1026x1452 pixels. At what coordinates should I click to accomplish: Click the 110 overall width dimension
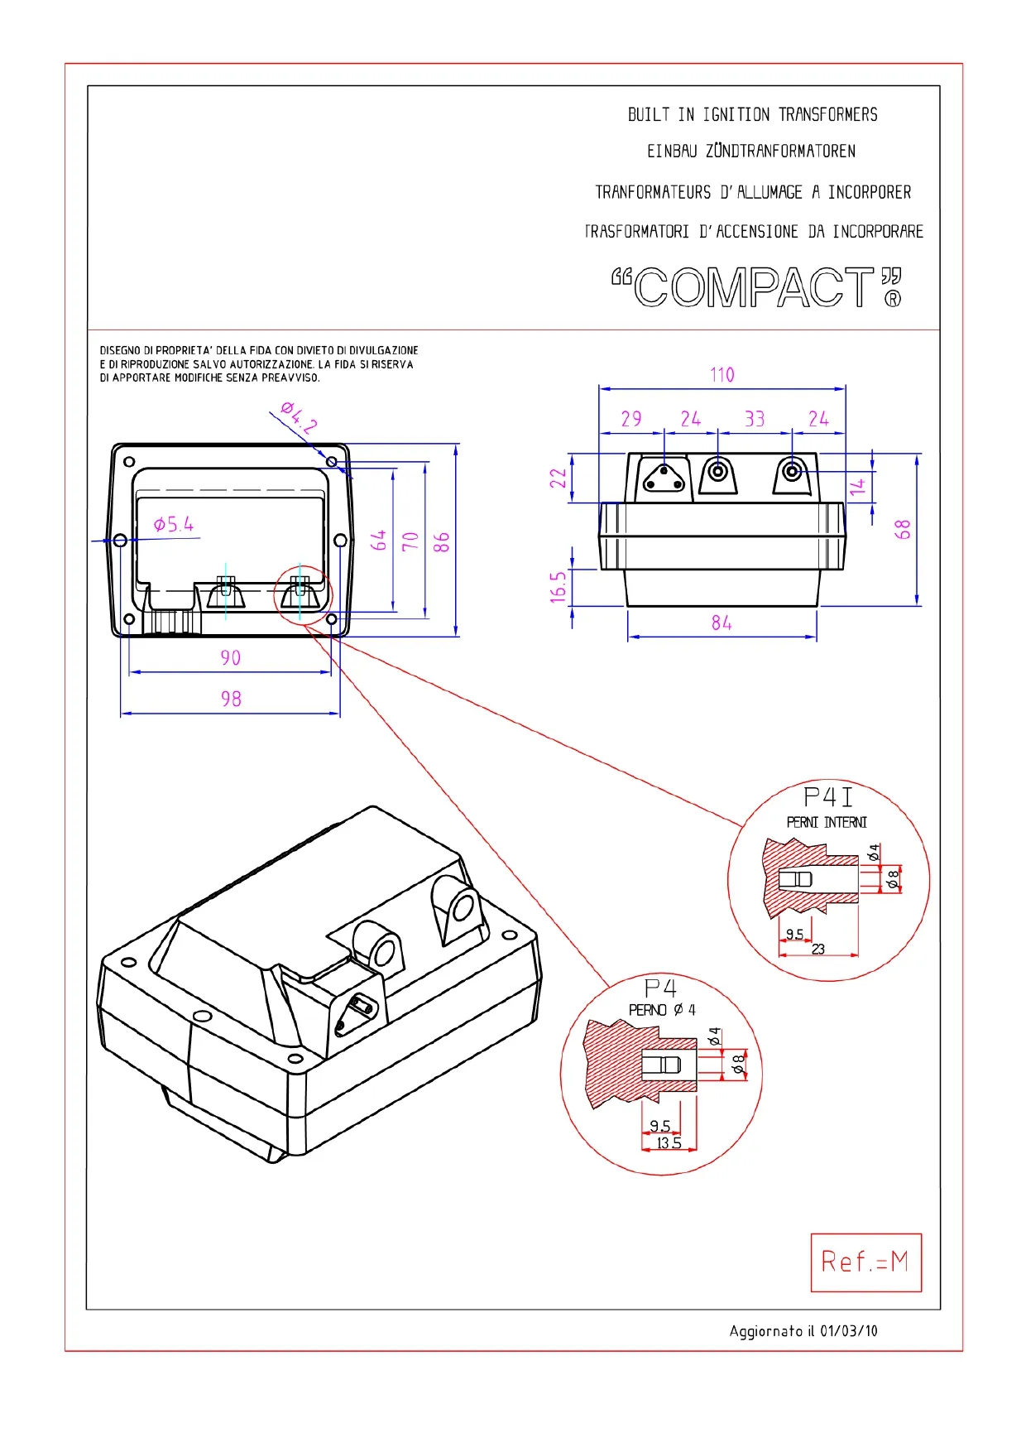coord(722,375)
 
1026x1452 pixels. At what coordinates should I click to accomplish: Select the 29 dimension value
coord(631,419)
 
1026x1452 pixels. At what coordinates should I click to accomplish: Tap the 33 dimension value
coord(754,419)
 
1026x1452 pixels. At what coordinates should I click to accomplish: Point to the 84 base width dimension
coord(722,623)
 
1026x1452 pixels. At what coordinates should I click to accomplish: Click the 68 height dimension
coord(903,530)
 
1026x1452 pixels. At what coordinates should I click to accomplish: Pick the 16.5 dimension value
coord(559,586)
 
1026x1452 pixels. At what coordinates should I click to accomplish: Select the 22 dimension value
coord(559,478)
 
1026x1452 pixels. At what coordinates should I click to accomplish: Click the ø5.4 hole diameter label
coord(174,524)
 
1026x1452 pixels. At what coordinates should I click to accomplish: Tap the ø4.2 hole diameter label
coord(299,417)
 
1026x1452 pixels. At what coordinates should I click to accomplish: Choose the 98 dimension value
coord(231,699)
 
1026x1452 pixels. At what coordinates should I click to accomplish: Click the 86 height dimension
coord(442,542)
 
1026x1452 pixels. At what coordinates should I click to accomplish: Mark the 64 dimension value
coord(379,541)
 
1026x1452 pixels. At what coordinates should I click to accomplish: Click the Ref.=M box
coord(865,1262)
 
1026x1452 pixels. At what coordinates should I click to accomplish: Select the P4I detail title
coord(827,797)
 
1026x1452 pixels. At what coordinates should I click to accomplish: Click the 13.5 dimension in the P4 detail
coord(669,1143)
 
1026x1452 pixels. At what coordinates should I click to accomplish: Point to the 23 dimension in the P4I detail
coord(818,950)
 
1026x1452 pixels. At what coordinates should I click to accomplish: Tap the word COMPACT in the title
coord(755,288)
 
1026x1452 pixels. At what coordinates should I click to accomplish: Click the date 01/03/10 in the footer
coord(849,1331)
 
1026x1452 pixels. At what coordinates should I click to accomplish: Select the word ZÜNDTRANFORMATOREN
coord(780,151)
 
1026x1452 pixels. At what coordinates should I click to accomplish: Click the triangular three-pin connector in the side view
coord(664,478)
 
